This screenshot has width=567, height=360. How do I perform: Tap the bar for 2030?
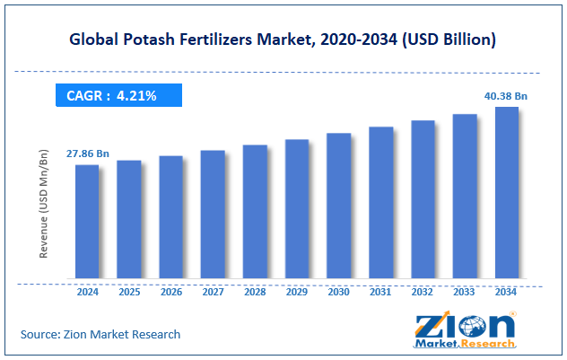coord(338,206)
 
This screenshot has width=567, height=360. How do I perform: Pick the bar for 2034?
coord(507,192)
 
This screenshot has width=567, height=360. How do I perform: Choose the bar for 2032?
coord(423,199)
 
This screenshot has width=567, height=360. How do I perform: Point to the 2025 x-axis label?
coord(128,291)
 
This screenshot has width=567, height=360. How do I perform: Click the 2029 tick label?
coord(296,291)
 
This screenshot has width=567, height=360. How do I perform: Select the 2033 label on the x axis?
coord(465,291)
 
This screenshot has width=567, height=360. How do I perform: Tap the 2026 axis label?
coord(170,291)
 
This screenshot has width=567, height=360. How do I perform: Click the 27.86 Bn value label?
coord(87,154)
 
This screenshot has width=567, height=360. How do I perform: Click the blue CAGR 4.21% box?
coord(118,95)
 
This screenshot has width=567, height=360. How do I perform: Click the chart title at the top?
coord(283,40)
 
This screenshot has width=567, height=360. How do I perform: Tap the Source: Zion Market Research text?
coord(100,334)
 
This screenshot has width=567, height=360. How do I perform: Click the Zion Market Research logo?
coord(464,329)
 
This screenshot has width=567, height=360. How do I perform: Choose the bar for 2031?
coord(380,202)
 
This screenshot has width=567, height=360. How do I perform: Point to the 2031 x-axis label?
coord(380,291)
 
